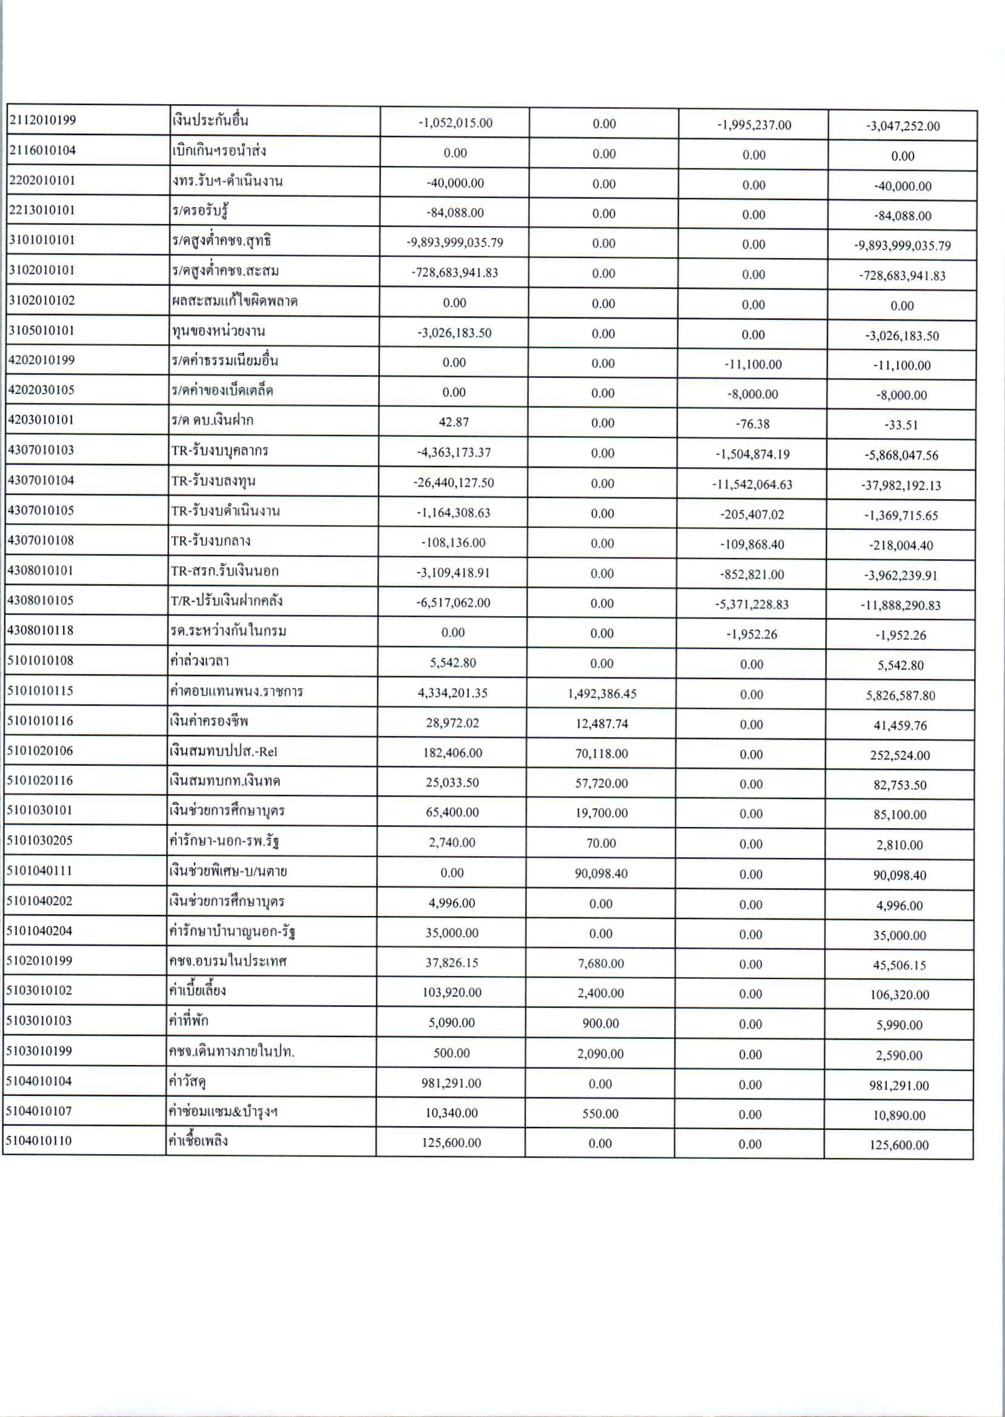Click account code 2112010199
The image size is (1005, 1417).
42,120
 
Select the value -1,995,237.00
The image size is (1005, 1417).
754,125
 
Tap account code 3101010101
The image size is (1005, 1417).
41,240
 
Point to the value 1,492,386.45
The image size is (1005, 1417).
602,694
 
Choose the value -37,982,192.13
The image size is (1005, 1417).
901,485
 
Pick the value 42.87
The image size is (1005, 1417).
454,422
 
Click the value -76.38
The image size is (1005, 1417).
752,424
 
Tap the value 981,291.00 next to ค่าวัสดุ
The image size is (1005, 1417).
451,1083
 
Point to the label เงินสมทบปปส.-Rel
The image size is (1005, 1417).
224,751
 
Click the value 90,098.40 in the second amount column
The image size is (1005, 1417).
602,873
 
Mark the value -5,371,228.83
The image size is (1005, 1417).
752,604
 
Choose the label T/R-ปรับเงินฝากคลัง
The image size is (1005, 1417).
227,601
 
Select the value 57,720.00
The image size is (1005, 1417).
602,783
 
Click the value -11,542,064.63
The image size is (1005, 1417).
752,485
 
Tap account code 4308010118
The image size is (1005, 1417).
40,631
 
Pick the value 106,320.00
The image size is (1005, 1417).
900,994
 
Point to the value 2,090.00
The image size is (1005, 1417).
600,1053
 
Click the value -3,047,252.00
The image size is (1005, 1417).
903,126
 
